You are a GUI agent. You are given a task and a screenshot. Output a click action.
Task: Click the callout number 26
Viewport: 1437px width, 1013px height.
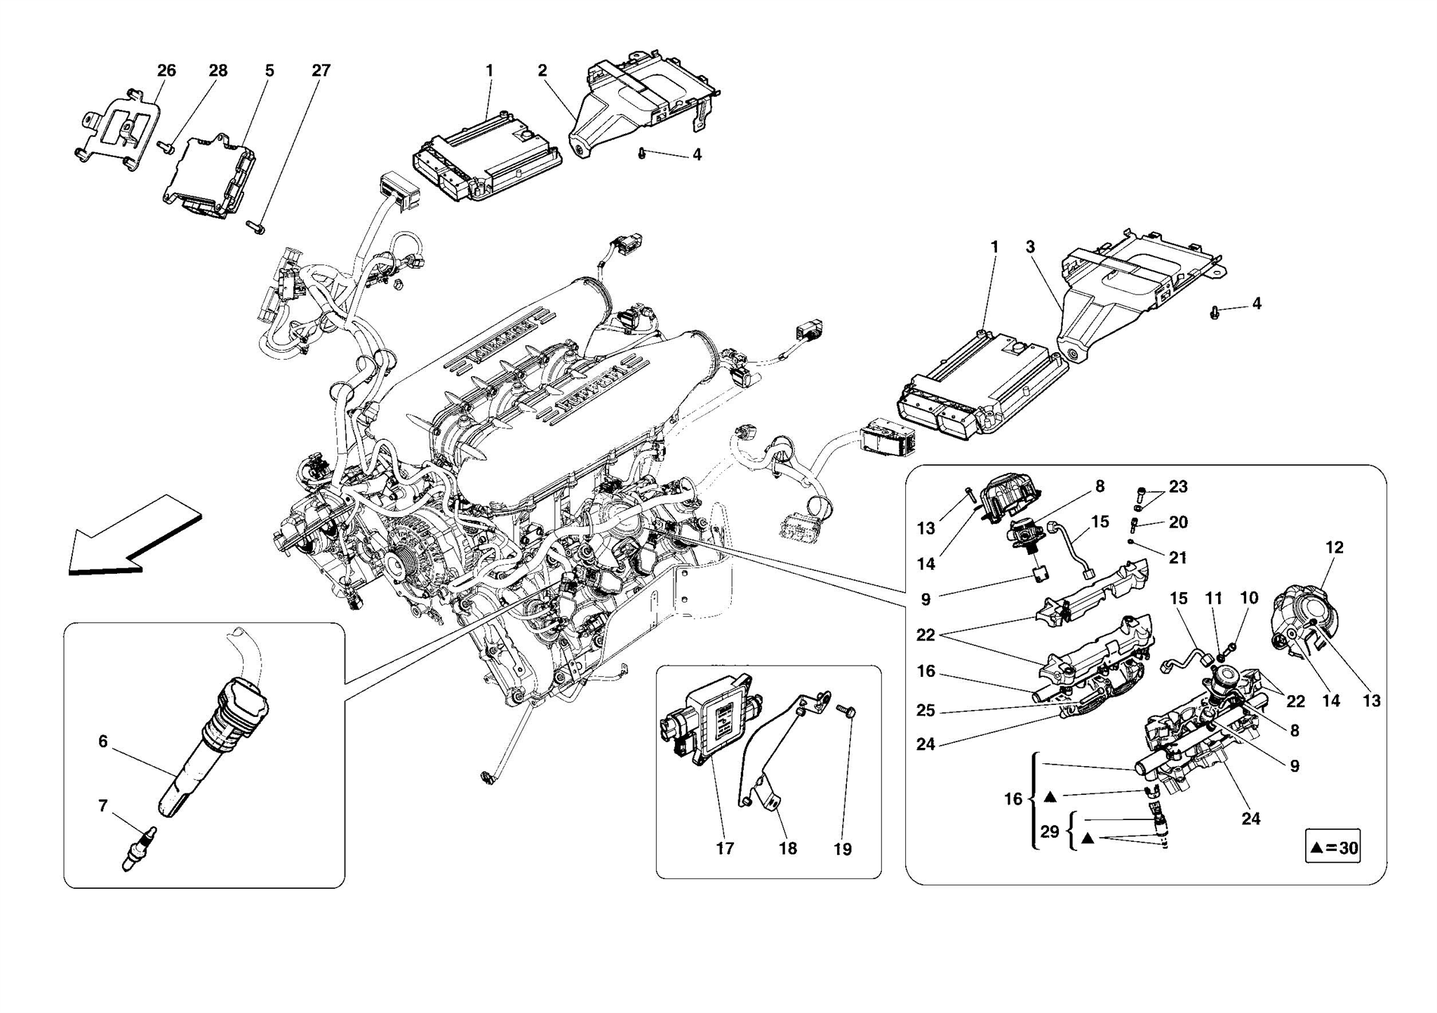click(166, 71)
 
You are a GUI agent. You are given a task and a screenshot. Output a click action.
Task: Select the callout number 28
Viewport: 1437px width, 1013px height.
click(218, 71)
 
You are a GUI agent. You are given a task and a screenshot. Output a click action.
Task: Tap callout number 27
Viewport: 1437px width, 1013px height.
click(321, 71)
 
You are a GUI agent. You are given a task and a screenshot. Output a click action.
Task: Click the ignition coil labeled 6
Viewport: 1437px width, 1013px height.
click(210, 744)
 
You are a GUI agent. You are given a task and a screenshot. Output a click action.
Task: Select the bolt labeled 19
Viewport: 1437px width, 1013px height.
click(847, 712)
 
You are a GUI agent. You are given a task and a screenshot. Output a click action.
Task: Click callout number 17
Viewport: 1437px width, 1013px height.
click(725, 849)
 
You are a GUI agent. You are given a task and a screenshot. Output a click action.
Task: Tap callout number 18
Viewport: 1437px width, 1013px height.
click(788, 849)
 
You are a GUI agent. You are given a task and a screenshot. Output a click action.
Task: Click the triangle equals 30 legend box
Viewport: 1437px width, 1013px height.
click(1332, 847)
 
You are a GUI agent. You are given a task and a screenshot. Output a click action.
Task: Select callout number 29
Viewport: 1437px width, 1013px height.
click(1049, 832)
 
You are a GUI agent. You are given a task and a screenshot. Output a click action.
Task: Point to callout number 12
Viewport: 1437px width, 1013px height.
click(1334, 548)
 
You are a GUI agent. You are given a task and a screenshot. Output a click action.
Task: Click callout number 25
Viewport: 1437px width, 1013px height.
click(925, 711)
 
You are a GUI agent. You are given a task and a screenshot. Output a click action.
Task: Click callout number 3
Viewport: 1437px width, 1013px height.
click(1030, 247)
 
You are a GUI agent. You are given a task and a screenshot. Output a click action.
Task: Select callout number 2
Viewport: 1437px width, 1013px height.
click(542, 71)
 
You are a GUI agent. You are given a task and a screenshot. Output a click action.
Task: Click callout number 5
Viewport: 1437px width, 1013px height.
click(269, 71)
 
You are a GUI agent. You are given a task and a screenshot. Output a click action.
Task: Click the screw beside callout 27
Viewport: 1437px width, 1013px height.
click(256, 227)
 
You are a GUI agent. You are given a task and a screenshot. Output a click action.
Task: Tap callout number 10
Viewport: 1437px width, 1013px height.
click(1249, 598)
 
